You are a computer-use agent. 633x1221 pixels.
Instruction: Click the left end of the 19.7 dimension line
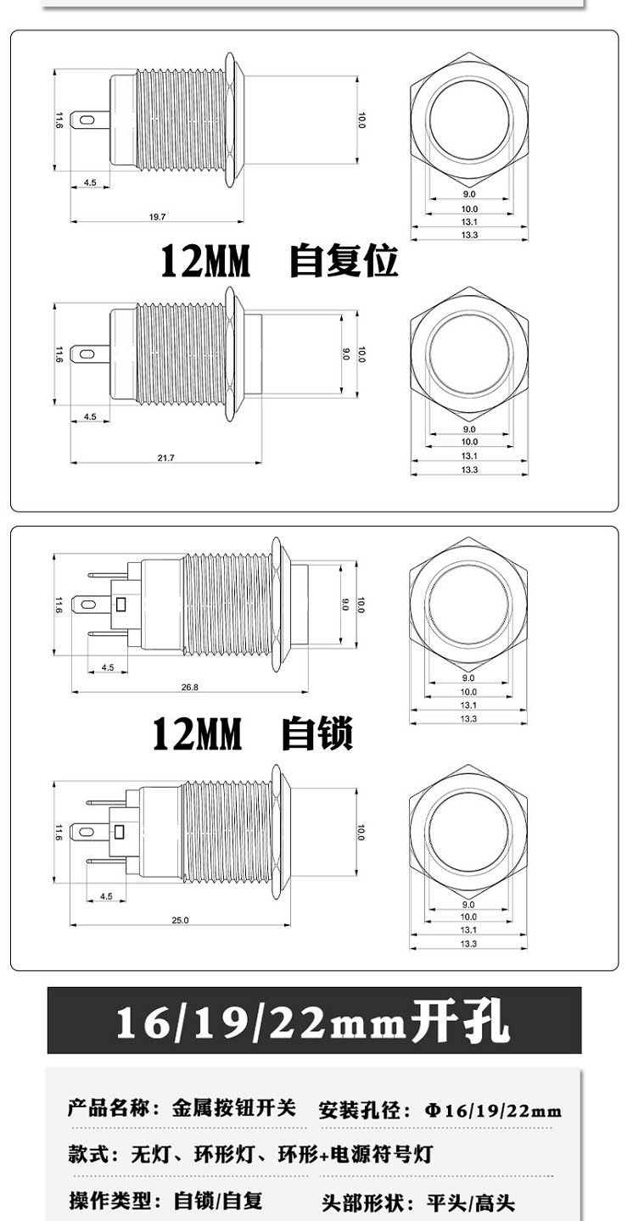pyautogui.click(x=71, y=222)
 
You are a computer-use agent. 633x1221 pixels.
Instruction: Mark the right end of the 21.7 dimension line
pyautogui.click(x=261, y=463)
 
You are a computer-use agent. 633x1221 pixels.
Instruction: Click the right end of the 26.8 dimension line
pyautogui.click(x=308, y=692)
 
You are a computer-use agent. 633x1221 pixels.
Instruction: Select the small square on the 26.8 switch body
pyautogui.click(x=121, y=605)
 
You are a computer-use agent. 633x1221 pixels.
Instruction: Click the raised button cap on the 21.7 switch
pyautogui.click(x=253, y=354)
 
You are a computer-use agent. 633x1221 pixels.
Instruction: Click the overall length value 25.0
pyautogui.click(x=180, y=920)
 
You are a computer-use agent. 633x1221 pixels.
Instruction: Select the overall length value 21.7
pyautogui.click(x=166, y=458)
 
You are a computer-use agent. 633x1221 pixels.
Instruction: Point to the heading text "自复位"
pyautogui.click(x=344, y=261)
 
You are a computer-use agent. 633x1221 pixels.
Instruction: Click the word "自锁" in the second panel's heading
pyautogui.click(x=317, y=734)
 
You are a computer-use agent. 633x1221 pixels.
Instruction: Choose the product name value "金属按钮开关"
pyautogui.click(x=234, y=1108)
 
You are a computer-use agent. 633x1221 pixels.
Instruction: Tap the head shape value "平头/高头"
pyautogui.click(x=471, y=1202)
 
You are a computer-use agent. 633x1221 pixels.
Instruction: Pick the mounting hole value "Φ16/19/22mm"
pyautogui.click(x=493, y=1111)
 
